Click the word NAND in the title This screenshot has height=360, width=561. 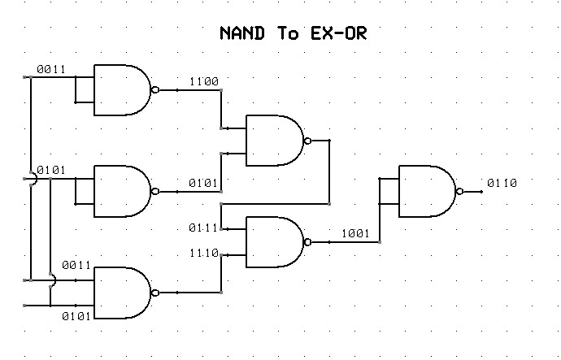pos(246,34)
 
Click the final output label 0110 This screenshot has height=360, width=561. pos(502,183)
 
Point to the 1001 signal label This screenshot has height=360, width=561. pos(354,233)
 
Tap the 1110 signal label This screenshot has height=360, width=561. pos(202,254)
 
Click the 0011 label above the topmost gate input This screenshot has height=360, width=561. pos(52,70)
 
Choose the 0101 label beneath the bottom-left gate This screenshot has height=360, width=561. pos(76,314)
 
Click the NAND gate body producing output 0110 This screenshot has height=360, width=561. pos(426,192)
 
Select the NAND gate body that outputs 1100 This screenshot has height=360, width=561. pos(121,90)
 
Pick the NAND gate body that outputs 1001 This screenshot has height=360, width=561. pos(273,242)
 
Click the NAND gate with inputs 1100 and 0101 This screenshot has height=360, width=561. pos(273,141)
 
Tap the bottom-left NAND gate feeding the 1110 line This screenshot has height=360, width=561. pos(121,293)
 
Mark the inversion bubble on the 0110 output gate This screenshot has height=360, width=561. pos(460,192)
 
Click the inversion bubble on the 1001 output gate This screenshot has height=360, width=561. pos(307,242)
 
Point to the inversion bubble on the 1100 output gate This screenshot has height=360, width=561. pos(155,90)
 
